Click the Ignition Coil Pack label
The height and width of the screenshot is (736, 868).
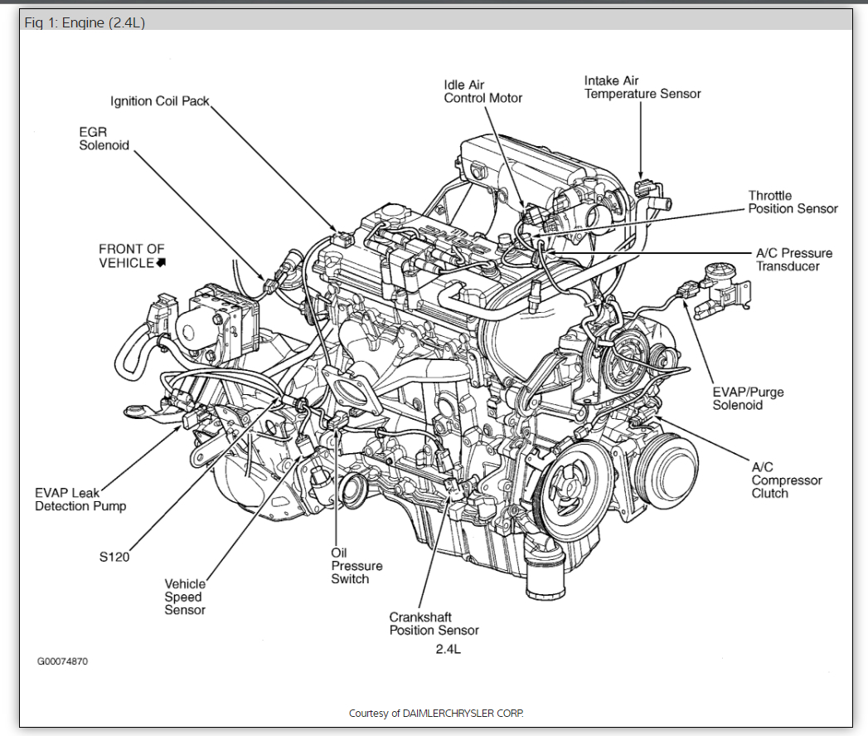point(160,101)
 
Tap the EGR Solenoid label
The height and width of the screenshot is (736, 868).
point(104,139)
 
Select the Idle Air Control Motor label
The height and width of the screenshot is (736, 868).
point(483,91)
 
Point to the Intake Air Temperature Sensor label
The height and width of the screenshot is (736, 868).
point(643,87)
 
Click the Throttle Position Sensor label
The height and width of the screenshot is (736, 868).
point(793,202)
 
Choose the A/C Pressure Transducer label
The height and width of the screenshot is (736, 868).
point(793,259)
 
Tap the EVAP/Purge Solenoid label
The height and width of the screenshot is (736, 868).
point(748,398)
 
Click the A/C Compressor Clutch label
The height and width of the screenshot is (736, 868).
point(786,480)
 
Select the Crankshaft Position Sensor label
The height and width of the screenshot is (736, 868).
point(434,623)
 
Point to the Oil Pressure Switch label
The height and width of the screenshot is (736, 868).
point(356,566)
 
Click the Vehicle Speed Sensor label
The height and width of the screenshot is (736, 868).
point(185,597)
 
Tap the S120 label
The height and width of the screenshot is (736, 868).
point(114,557)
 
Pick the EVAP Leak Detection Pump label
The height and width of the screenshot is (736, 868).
point(80,500)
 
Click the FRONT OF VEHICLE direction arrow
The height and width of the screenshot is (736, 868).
point(161,262)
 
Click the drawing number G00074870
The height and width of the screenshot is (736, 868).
point(62,662)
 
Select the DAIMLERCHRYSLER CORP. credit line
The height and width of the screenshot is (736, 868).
point(436,713)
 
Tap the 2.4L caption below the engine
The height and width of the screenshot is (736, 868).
point(447,649)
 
